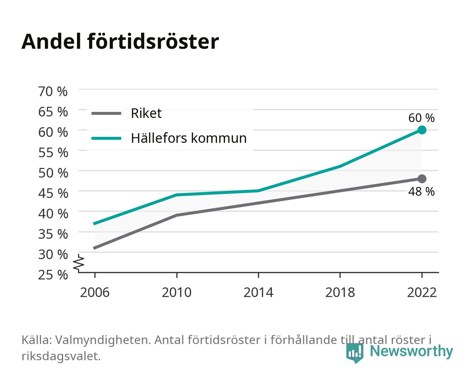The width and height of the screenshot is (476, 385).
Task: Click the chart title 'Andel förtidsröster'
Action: point(120,42)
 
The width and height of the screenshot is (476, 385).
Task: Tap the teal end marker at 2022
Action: point(422,130)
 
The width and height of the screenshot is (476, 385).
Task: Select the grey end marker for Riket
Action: point(422,179)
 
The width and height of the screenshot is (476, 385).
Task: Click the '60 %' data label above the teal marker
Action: point(421,118)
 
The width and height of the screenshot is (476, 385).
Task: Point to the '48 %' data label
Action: point(421,191)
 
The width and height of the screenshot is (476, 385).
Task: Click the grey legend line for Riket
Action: point(107,113)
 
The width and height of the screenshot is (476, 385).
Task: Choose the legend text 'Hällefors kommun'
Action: point(188,138)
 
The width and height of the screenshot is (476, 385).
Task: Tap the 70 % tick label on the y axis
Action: point(53,92)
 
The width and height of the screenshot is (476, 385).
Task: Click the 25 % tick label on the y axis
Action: point(53,275)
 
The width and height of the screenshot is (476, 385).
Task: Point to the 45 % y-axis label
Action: point(53,194)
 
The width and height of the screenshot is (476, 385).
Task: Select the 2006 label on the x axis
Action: point(95,292)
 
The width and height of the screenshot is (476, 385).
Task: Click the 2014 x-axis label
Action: point(258,292)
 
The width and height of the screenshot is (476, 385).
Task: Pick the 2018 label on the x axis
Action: point(340,292)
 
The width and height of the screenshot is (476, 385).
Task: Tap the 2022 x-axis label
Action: point(422,292)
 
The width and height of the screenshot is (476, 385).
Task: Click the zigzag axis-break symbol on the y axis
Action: point(79,263)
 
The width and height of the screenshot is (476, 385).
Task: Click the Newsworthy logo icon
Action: point(355,353)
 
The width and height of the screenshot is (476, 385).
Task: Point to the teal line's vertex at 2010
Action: point(177,195)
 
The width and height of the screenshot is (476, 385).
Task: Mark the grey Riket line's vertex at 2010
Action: point(177,215)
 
